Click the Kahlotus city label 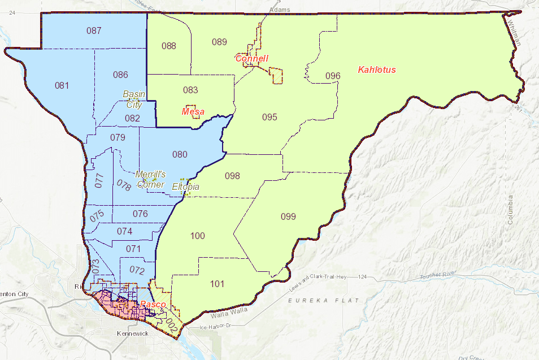377,70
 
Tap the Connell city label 251,59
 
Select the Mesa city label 193,112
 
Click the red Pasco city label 153,305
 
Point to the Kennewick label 133,334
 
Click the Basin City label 134,99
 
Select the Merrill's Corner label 150,179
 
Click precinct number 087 94,31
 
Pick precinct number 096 333,76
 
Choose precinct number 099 288,216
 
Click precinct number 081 62,86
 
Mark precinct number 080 180,154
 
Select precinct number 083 190,90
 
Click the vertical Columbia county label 511,210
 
